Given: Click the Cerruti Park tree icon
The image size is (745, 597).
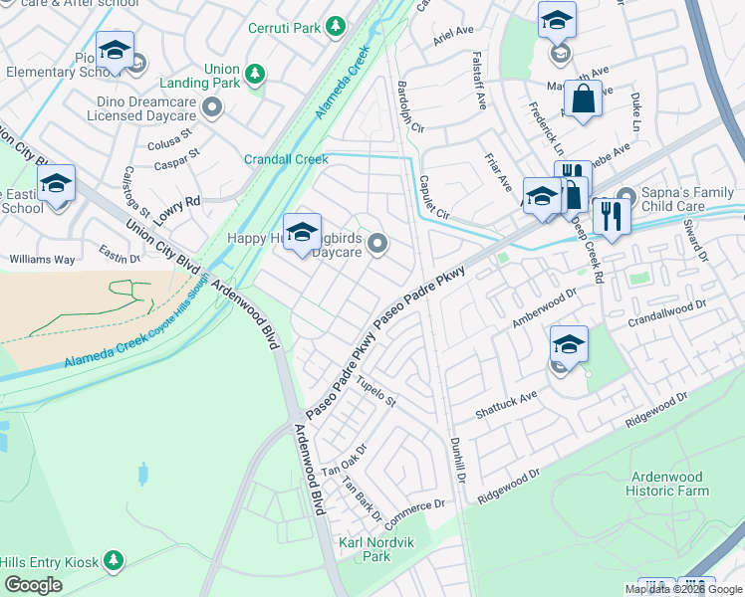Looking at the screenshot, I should point(337,26).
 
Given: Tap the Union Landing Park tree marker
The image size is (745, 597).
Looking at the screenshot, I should point(255,74).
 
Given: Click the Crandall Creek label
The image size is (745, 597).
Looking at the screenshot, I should point(286,159).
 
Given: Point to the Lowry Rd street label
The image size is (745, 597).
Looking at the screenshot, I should point(178,203).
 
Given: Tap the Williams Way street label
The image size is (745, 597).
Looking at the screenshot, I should point(42,260).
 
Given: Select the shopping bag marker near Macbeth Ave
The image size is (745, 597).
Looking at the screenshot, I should point(583,99).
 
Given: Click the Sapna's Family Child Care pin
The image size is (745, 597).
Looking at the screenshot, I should point(625,196).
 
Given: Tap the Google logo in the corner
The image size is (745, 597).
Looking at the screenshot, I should point(33,585).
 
